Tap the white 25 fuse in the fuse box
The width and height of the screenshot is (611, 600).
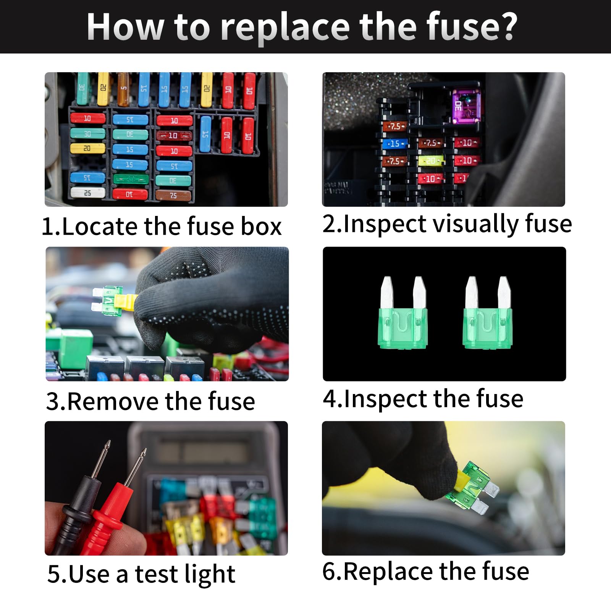coord(87,193)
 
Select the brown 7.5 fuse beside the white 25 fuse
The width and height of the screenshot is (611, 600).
coord(173,195)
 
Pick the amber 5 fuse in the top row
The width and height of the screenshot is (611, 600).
coord(123,89)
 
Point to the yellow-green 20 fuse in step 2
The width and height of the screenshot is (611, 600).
coord(431,161)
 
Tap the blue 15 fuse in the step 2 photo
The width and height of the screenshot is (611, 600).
coord(394,144)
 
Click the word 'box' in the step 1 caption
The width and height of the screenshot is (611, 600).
coord(261,226)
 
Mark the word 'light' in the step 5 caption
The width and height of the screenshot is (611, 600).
coord(209,574)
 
